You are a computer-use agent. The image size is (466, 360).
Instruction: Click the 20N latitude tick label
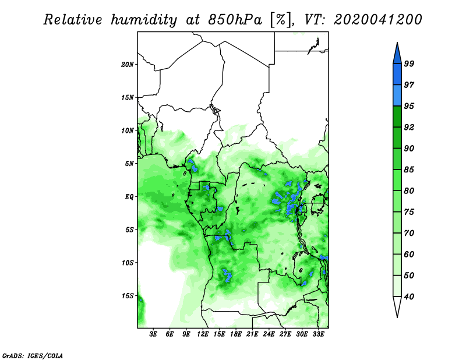(x=128, y=64)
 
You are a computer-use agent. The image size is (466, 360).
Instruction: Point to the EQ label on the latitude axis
(x=129, y=196)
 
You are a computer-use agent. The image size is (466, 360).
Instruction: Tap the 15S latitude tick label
(x=128, y=296)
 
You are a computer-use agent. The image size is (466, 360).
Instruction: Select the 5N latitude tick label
(x=129, y=164)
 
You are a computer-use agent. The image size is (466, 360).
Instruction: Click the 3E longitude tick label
(x=153, y=334)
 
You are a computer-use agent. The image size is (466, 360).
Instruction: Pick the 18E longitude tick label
(x=236, y=334)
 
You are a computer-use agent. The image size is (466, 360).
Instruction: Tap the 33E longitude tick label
(x=318, y=334)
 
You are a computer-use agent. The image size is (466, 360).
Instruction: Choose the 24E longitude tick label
(x=269, y=334)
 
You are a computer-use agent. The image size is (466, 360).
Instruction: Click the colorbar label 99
(x=409, y=63)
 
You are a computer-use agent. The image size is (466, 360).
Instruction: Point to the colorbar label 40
(x=409, y=297)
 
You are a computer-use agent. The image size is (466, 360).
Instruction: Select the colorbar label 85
(x=409, y=170)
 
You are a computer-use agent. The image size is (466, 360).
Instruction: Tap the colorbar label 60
(x=409, y=254)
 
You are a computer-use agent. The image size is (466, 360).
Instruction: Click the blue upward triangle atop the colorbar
(x=397, y=55)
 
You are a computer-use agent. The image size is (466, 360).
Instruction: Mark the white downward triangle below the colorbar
(x=397, y=305)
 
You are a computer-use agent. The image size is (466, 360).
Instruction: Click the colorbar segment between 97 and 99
(x=397, y=75)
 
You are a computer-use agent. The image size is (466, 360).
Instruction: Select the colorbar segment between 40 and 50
(x=397, y=286)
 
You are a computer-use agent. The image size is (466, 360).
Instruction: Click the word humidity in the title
(x=144, y=20)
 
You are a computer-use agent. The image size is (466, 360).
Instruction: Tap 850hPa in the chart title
(x=235, y=20)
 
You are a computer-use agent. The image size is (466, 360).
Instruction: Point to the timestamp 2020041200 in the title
(x=377, y=20)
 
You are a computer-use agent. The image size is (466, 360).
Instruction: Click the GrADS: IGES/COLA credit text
(x=33, y=355)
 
